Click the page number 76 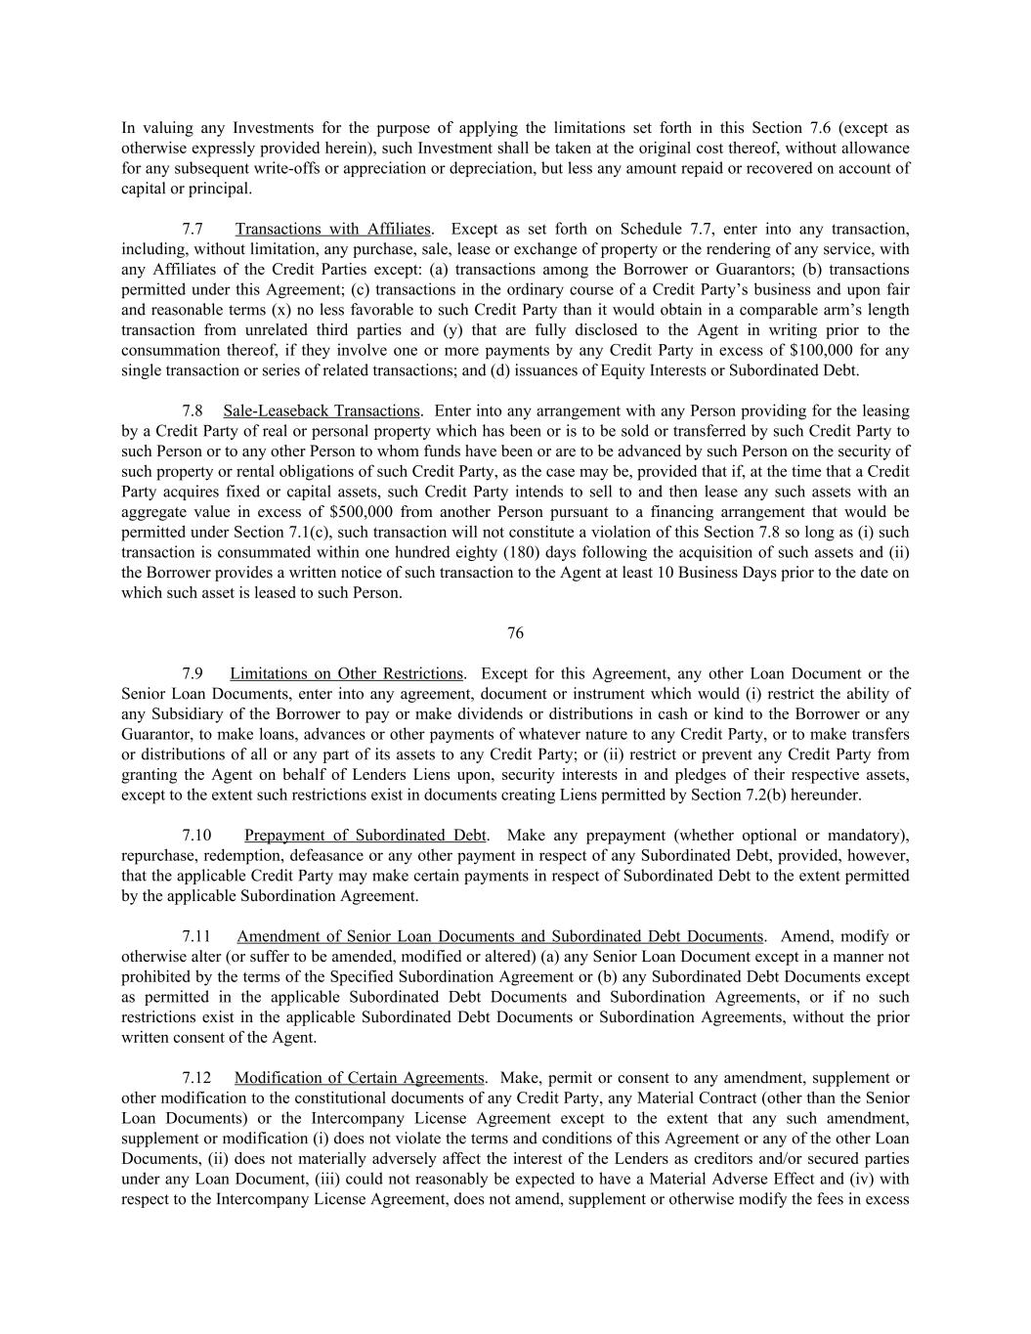pos(515,633)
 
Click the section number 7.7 pos(193,229)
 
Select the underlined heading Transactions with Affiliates pos(332,229)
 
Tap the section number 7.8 pos(193,410)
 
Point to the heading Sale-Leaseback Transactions pos(322,410)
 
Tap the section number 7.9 pos(193,673)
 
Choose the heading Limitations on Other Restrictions pos(346,673)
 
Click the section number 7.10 pos(196,836)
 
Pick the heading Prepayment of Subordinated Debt pos(365,836)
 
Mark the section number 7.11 pos(196,936)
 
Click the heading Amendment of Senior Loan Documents pos(498,936)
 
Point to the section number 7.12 pos(196,1078)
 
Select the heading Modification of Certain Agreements pos(359,1078)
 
